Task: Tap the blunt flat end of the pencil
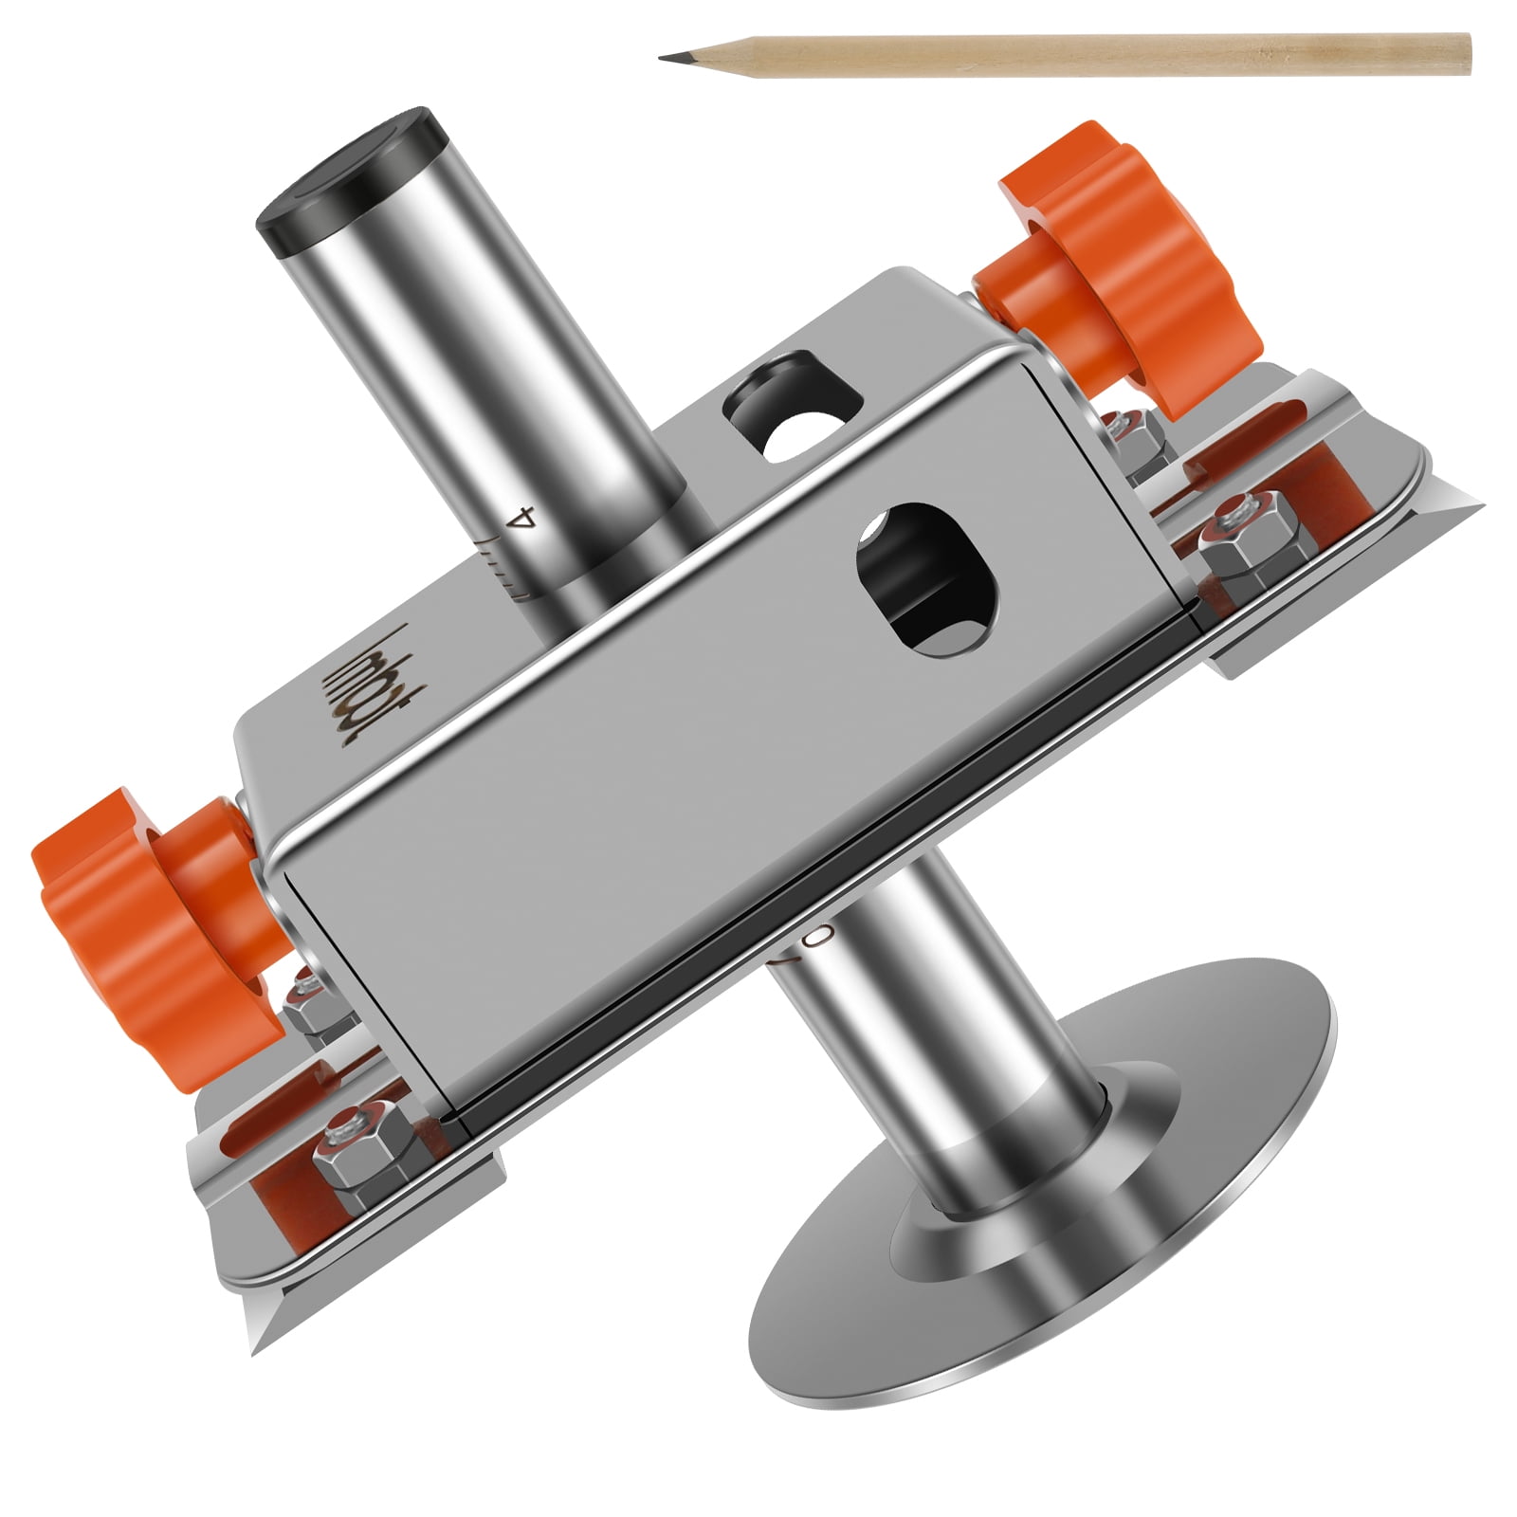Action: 1467,54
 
